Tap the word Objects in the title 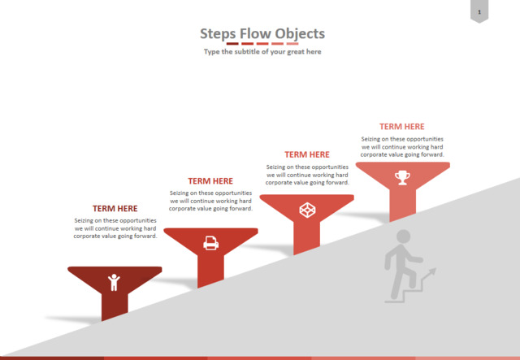(300, 34)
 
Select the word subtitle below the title (248, 51)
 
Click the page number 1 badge (479, 11)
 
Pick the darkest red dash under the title (232, 43)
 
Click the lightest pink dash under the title (292, 43)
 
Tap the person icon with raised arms (114, 282)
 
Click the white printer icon (210, 243)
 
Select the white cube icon (307, 210)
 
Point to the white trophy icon (402, 177)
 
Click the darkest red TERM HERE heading (115, 208)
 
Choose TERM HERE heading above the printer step (210, 181)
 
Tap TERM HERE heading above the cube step (307, 154)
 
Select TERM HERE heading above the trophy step (402, 127)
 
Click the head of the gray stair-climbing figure (404, 236)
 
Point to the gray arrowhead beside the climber (431, 271)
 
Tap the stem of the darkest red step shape (115, 306)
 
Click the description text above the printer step (210, 201)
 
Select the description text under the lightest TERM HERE (402, 146)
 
